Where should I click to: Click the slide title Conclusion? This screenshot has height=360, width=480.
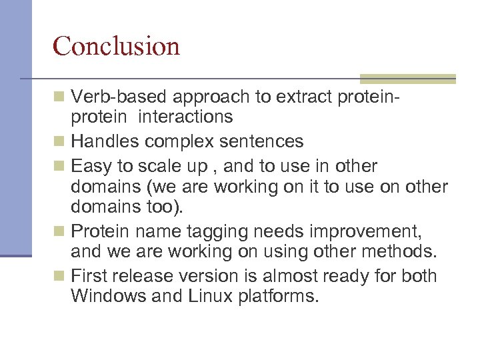[x=116, y=46]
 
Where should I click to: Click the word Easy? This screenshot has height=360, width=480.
[x=90, y=165]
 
